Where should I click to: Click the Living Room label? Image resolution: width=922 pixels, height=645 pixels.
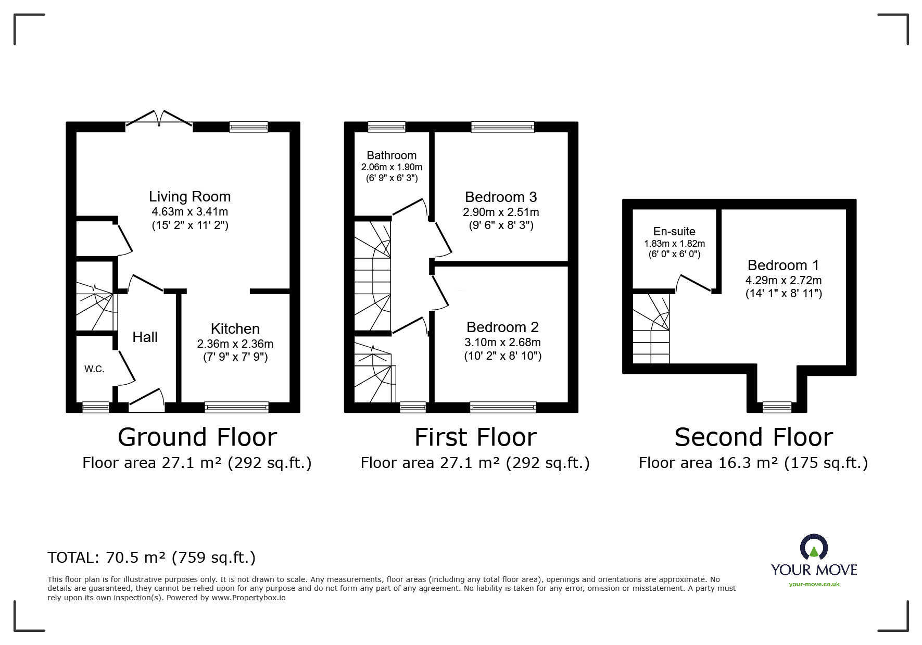(x=190, y=197)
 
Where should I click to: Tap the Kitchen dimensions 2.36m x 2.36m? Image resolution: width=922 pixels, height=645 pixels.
(x=235, y=344)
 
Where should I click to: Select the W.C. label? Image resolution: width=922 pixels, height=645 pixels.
(x=94, y=369)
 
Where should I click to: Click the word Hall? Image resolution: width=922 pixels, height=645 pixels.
(x=145, y=337)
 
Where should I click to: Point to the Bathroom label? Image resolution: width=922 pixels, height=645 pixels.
(x=391, y=155)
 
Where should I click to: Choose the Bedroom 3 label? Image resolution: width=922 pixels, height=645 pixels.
(x=501, y=197)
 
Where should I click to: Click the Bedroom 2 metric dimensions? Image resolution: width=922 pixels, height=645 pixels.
(x=502, y=343)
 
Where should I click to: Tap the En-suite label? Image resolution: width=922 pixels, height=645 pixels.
(x=674, y=232)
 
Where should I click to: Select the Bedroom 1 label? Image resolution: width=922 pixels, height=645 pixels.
(x=784, y=265)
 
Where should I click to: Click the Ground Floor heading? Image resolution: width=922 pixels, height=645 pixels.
(x=197, y=437)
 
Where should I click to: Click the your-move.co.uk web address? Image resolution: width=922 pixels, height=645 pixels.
(x=814, y=584)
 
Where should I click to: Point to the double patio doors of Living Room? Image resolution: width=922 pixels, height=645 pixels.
(x=159, y=119)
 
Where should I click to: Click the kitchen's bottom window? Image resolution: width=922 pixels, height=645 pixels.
(x=237, y=407)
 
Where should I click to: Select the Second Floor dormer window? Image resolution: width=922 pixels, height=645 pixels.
(x=777, y=407)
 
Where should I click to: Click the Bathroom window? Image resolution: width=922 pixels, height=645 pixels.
(x=386, y=127)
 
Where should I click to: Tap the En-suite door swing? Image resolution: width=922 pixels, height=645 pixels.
(x=693, y=283)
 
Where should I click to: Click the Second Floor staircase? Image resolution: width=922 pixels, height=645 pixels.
(x=651, y=328)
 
